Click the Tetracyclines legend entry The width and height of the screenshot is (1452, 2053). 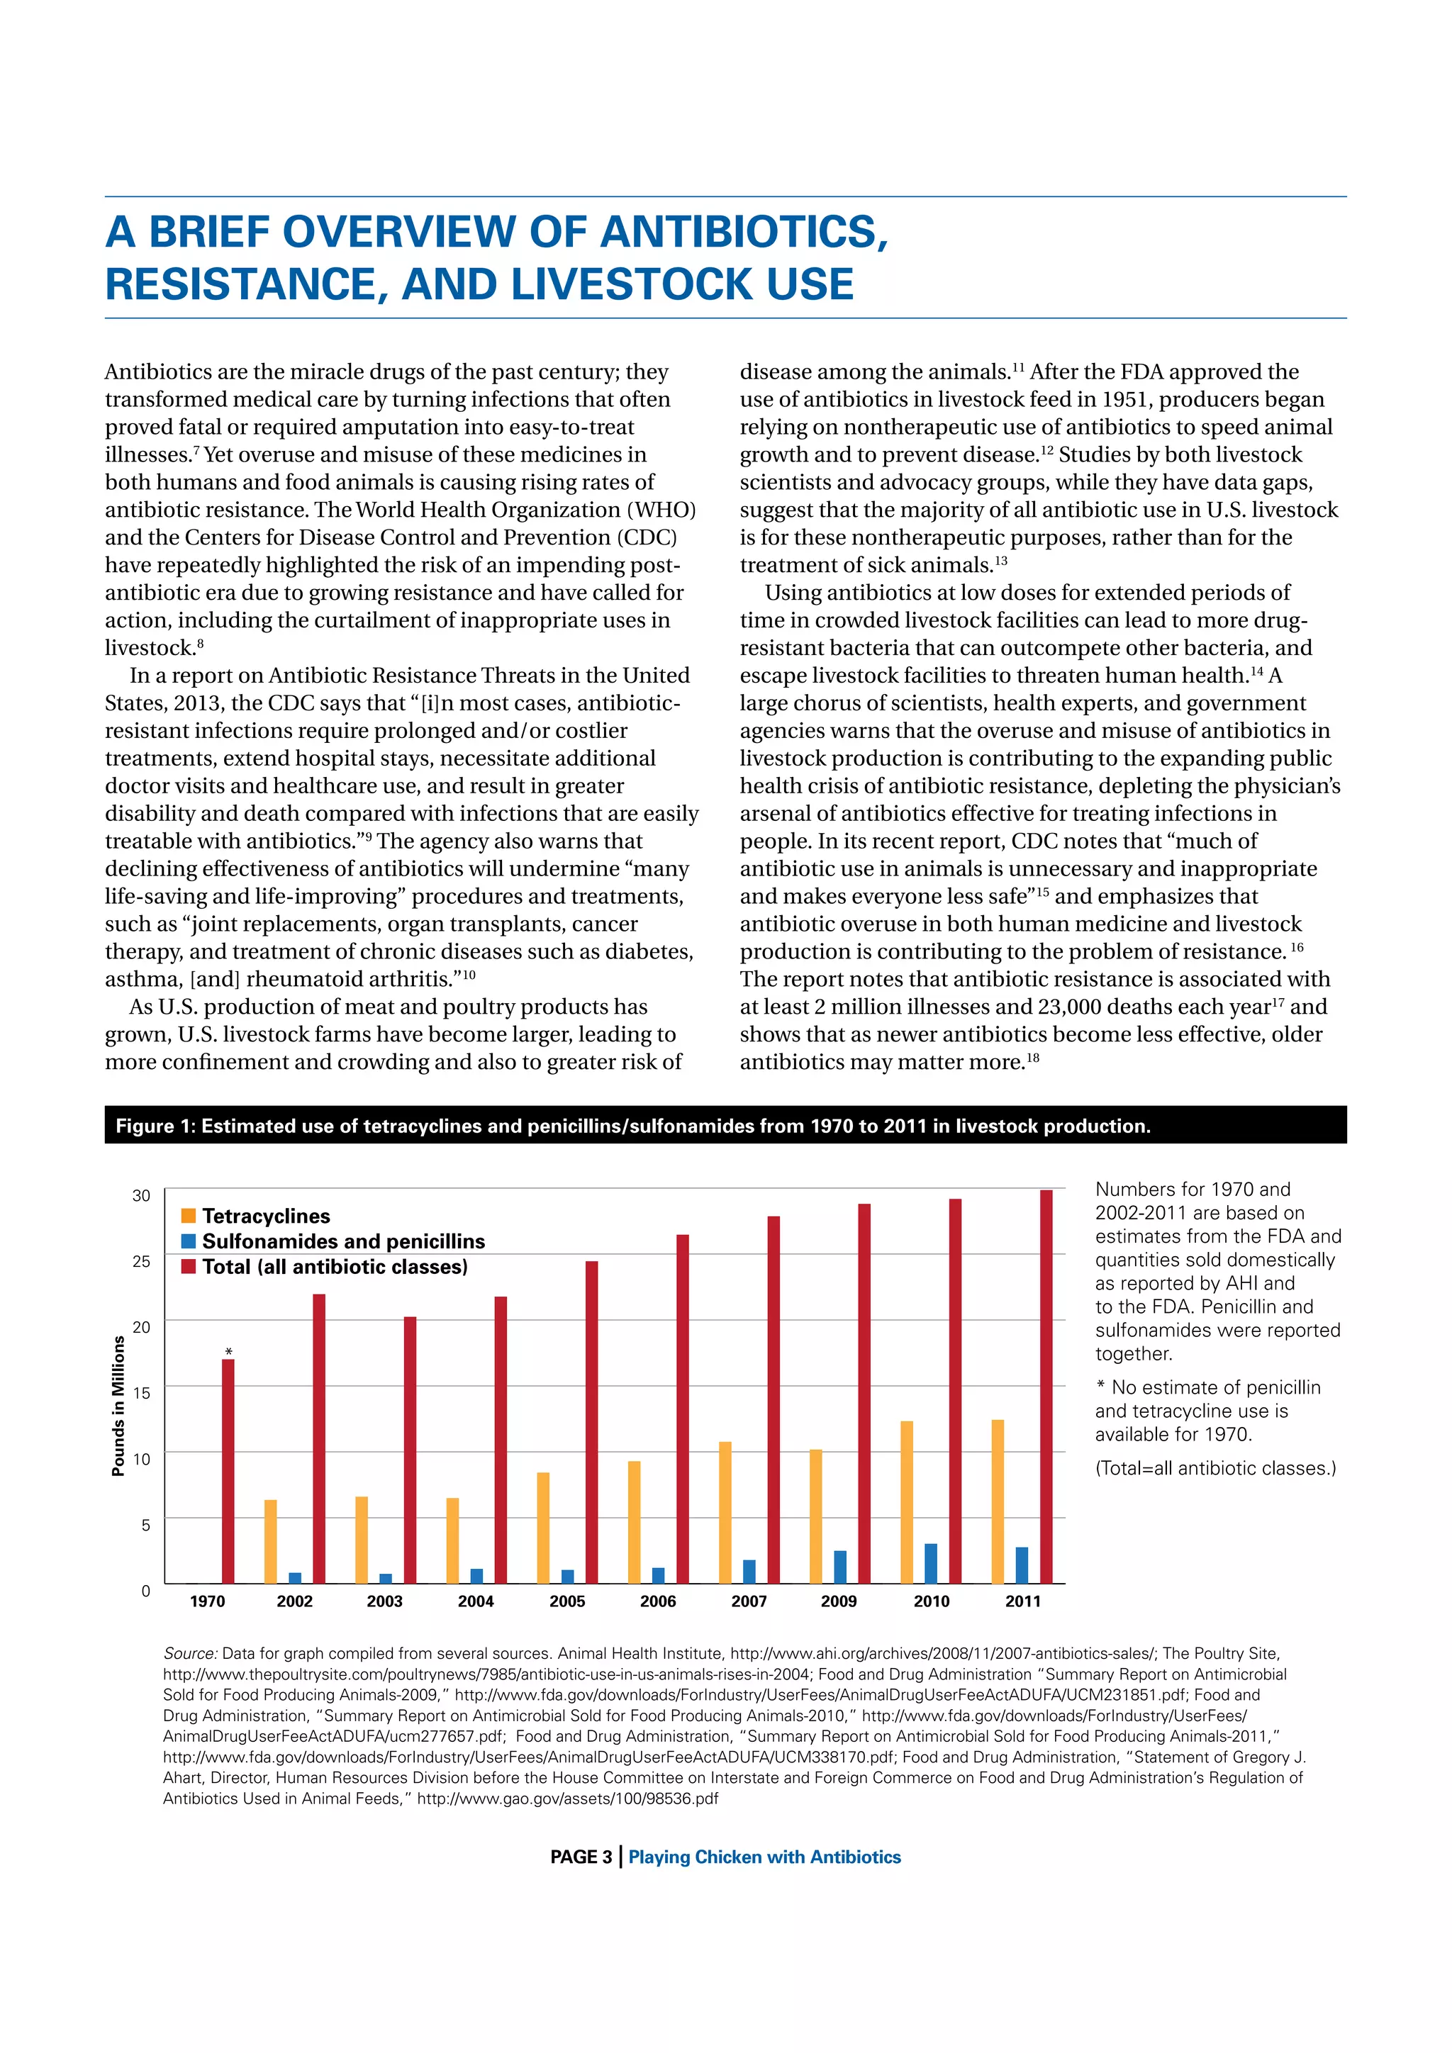click(x=266, y=1216)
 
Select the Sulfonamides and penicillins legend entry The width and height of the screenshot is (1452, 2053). click(x=342, y=1241)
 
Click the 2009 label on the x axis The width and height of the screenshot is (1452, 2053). click(x=839, y=1601)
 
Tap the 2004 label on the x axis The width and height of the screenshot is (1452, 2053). click(x=476, y=1601)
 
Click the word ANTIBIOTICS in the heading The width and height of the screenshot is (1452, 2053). click(x=742, y=232)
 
